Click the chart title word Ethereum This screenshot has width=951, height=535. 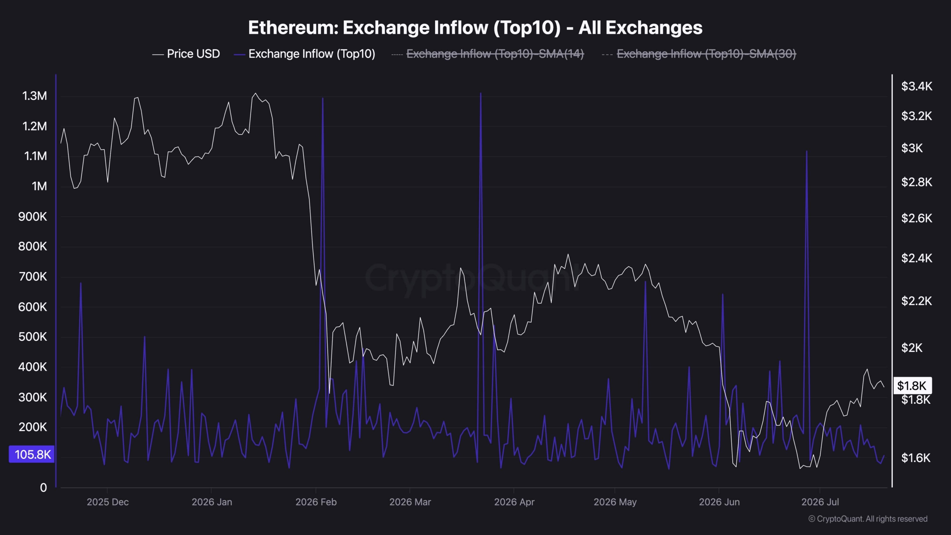(293, 27)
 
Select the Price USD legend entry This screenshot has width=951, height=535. (186, 54)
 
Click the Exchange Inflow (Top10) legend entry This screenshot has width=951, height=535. (304, 54)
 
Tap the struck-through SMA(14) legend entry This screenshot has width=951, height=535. (488, 54)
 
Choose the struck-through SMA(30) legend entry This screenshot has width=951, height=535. (699, 54)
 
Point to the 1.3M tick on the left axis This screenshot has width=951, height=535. (35, 96)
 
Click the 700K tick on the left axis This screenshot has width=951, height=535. (33, 276)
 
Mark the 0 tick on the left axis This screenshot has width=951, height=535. (43, 487)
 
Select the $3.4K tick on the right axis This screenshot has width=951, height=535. (916, 86)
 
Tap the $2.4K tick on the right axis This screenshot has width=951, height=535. (916, 258)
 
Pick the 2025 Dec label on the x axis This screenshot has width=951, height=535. (108, 502)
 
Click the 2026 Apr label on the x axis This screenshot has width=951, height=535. (514, 502)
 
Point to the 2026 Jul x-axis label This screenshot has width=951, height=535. (820, 502)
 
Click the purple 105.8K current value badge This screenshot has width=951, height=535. (32, 454)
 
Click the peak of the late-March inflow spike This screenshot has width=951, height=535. (481, 93)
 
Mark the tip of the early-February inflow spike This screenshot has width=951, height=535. (322, 98)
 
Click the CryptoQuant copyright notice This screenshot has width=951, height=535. (868, 519)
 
